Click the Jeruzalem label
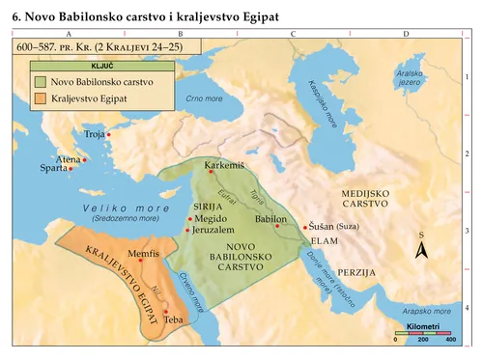click(213, 231)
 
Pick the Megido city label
click(211, 219)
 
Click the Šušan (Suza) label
click(334, 221)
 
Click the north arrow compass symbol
click(420, 250)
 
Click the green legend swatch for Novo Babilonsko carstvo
click(39, 83)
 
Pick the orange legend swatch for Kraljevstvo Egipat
click(39, 98)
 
